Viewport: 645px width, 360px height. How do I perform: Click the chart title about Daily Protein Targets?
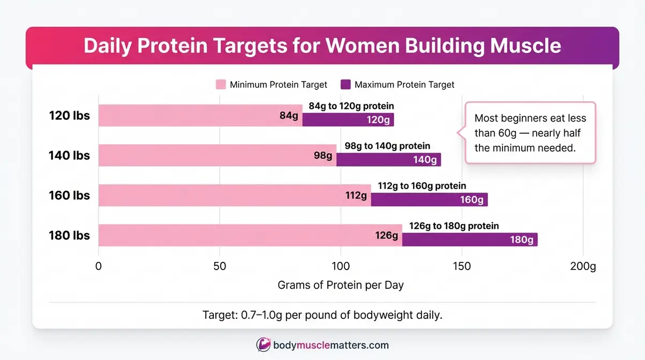(322, 46)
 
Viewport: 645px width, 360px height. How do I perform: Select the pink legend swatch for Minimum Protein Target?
(221, 85)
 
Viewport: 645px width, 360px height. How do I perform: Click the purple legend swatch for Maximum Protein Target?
(346, 85)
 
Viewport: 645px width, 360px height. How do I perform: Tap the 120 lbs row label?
(70, 116)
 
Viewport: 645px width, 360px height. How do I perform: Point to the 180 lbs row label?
(70, 236)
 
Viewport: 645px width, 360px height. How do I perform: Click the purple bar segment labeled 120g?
(348, 119)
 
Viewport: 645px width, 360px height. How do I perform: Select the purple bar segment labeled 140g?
(388, 159)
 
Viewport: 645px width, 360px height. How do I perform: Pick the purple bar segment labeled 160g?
(429, 199)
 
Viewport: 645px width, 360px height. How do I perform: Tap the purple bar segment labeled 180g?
(469, 239)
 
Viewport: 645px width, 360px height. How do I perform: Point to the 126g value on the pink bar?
(386, 236)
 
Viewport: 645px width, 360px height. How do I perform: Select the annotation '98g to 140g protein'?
(387, 146)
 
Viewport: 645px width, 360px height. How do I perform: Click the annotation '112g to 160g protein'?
(422, 186)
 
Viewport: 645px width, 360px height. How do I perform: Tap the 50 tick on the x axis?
(219, 266)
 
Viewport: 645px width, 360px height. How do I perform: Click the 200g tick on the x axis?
(583, 266)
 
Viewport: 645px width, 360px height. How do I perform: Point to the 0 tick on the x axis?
(98, 266)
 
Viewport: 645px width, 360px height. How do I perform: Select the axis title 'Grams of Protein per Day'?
(340, 286)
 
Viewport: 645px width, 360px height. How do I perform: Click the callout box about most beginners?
(530, 133)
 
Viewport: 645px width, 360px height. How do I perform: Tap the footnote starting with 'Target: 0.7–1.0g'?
(322, 315)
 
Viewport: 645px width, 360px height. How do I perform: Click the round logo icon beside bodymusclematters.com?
(263, 345)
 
